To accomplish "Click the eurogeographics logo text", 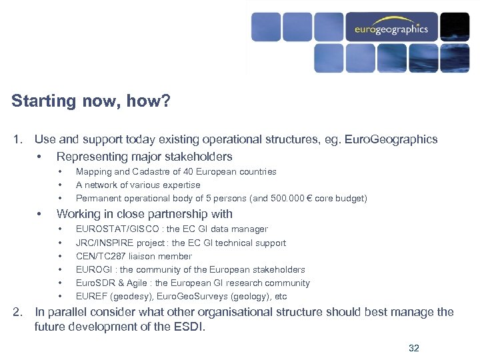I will (391, 29).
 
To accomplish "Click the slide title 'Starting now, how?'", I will (91, 101).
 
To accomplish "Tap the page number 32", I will (413, 348).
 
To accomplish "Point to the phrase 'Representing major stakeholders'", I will (144, 157).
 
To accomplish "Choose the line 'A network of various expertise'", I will (138, 185).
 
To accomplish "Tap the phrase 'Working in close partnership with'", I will (144, 215).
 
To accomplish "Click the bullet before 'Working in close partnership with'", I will (41, 215).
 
